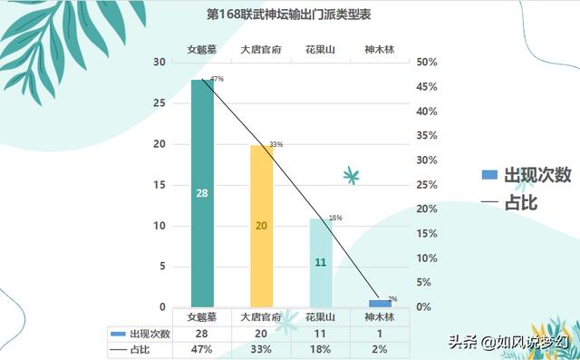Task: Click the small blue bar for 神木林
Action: [x=380, y=303]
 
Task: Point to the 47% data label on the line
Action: [x=217, y=80]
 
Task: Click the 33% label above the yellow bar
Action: [x=276, y=144]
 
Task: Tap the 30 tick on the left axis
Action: [x=159, y=63]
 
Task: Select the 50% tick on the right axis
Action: [x=427, y=63]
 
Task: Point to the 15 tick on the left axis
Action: [x=159, y=185]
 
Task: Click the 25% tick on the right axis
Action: [x=427, y=185]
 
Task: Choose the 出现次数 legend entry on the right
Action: [x=526, y=175]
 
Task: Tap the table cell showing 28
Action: [x=202, y=334]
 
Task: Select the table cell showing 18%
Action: [x=320, y=349]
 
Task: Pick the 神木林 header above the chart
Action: [x=379, y=49]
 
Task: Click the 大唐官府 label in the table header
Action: [x=261, y=317]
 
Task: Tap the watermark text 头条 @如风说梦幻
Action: [x=507, y=343]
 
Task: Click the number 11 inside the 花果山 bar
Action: [x=320, y=262]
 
